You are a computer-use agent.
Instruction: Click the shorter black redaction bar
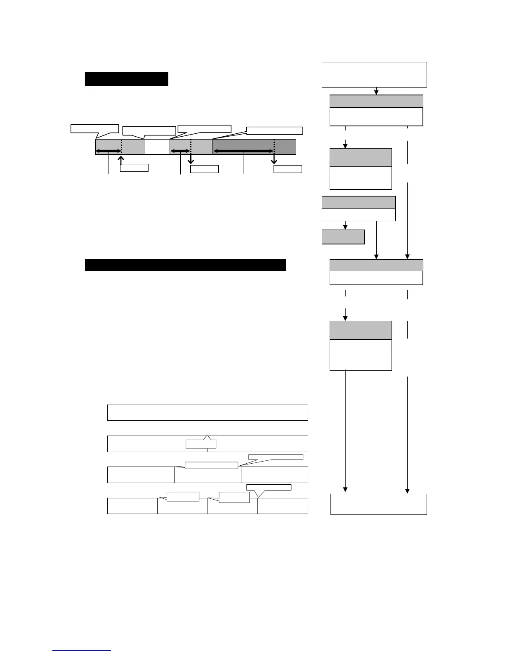click(x=126, y=79)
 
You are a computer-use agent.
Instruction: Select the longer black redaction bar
click(x=185, y=265)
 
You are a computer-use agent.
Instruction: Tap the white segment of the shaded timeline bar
click(x=157, y=147)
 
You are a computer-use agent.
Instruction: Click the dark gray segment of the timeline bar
click(x=254, y=147)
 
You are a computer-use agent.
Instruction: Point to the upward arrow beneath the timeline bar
click(x=121, y=160)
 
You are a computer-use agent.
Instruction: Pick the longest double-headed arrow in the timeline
click(x=243, y=152)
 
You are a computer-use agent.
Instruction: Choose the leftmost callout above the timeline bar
click(x=94, y=128)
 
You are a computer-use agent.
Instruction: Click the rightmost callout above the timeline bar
click(x=275, y=131)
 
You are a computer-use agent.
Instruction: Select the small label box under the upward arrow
click(x=134, y=168)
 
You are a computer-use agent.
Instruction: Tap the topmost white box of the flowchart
click(x=374, y=75)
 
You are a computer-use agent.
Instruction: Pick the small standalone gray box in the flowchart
click(x=343, y=237)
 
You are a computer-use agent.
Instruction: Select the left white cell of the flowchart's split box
click(x=342, y=215)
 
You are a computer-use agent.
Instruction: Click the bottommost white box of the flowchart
click(x=379, y=504)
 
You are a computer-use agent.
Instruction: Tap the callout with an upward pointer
click(x=201, y=444)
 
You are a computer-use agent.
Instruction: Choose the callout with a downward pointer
click(x=269, y=488)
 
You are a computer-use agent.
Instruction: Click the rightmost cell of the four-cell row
click(x=283, y=506)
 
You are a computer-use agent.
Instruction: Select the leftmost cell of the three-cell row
click(x=141, y=475)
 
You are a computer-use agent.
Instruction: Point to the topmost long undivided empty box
click(x=208, y=412)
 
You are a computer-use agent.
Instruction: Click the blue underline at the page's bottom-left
click(x=82, y=651)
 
